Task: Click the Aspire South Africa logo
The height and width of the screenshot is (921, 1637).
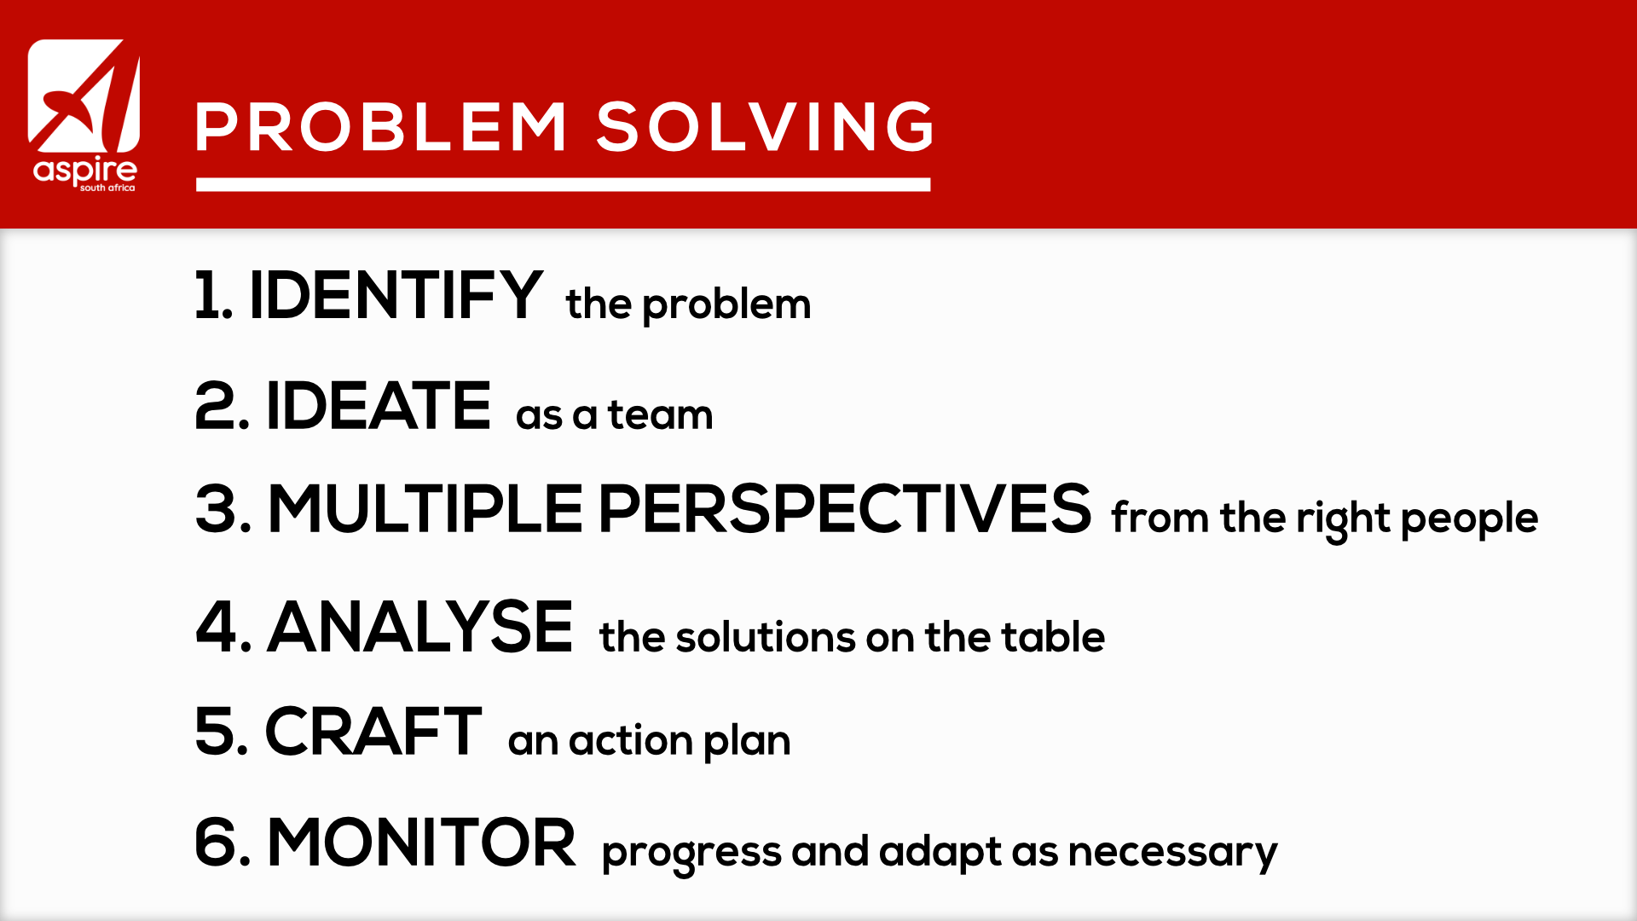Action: pos(84,116)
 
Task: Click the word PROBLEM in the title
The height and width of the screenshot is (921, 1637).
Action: pos(381,128)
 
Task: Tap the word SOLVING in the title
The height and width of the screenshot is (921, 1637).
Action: pos(765,128)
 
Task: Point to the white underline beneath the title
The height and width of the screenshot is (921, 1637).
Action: pos(563,184)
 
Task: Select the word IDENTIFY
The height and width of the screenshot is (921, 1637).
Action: pos(396,295)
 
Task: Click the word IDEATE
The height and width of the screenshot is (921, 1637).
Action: pos(379,406)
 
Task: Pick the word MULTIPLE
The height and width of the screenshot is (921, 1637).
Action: pos(425,509)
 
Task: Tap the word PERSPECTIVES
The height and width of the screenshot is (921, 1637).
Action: pos(845,509)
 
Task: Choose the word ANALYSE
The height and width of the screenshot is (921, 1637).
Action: pos(420,628)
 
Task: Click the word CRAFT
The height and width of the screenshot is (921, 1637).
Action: pos(373,732)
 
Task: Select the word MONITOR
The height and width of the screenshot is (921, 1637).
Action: pos(422,843)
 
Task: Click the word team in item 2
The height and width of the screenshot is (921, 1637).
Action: pos(660,415)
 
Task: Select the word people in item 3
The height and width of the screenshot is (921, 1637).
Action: pos(1469,519)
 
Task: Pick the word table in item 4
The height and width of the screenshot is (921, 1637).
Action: pos(1053,636)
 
